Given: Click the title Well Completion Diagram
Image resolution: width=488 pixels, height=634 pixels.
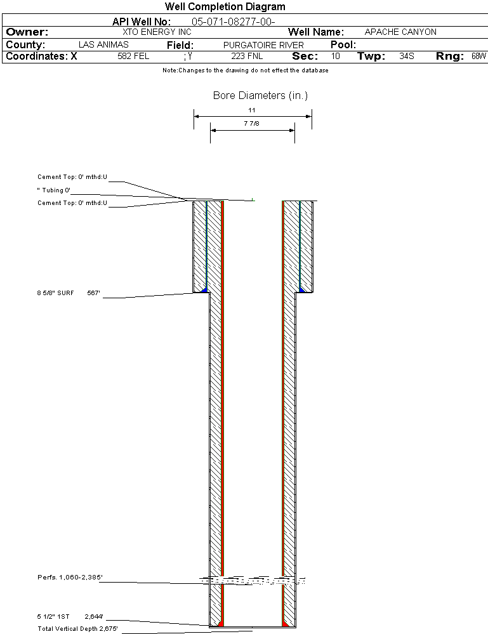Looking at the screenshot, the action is [x=225, y=7].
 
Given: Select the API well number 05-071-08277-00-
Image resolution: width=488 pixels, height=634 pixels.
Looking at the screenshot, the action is [x=234, y=22].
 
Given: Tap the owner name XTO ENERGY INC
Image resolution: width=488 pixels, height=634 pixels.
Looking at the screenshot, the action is [x=157, y=32].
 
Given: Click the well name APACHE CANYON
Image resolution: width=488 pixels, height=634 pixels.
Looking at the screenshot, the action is [x=400, y=32].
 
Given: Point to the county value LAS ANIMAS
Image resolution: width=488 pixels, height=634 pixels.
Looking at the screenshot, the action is [x=103, y=44].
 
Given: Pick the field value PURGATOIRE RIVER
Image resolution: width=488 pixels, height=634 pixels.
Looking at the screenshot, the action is [x=263, y=45].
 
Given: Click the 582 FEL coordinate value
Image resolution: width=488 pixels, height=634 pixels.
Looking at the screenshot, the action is [x=133, y=56].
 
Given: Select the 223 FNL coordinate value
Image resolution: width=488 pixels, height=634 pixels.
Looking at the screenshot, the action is [x=247, y=56].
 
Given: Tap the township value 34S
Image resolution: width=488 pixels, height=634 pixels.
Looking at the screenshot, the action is [x=406, y=56].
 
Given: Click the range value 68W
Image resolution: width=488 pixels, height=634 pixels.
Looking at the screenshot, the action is [x=478, y=56].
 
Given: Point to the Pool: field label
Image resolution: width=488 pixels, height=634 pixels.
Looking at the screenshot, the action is [x=343, y=44].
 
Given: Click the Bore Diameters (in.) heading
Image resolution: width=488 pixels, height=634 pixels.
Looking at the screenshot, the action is [x=260, y=95].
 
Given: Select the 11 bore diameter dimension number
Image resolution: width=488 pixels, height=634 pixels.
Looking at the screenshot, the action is [x=251, y=110].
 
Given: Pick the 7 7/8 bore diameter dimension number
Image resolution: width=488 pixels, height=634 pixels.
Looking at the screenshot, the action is [x=251, y=123].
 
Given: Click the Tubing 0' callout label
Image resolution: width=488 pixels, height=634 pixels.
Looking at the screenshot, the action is [x=53, y=190].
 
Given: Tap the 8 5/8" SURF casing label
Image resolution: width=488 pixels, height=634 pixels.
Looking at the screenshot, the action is [x=55, y=293].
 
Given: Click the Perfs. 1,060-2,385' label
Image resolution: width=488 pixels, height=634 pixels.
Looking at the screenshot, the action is [x=70, y=577].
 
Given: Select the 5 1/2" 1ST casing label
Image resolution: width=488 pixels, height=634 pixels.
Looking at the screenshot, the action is [x=53, y=617].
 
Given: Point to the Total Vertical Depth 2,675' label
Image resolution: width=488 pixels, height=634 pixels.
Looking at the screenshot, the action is [x=77, y=629].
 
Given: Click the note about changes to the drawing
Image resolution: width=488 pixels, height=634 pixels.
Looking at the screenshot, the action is [x=246, y=70].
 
